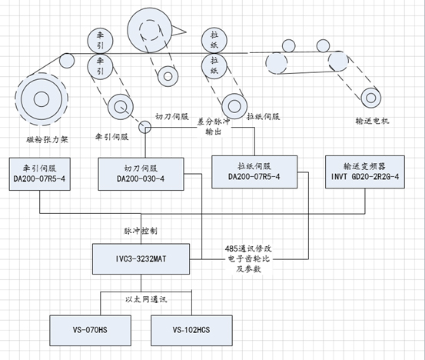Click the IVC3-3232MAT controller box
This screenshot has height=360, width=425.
(141, 258)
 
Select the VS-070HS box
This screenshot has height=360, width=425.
(90, 330)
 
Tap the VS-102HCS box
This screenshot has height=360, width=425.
(191, 330)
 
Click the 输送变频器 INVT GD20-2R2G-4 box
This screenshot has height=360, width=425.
(365, 172)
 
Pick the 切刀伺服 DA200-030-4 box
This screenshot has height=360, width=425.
(141, 174)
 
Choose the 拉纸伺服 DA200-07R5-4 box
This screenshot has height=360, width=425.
(254, 172)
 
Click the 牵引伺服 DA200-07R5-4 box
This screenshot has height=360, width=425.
(40, 174)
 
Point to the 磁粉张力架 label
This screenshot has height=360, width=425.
(47, 140)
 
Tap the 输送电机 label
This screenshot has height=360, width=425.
(372, 121)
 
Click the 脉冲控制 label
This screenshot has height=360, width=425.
(141, 231)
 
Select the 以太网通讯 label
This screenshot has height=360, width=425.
(146, 299)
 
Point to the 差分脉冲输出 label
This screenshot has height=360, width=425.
(214, 126)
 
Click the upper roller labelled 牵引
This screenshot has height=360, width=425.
(100, 41)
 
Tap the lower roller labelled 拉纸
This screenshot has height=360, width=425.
(214, 66)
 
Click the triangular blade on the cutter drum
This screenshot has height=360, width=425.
(178, 30)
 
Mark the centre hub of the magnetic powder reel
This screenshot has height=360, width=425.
(42, 98)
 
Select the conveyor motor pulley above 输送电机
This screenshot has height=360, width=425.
(371, 98)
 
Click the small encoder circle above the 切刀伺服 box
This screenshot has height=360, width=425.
(144, 127)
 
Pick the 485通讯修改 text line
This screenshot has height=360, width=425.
(248, 248)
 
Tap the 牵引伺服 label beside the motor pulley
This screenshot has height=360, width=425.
(112, 136)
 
